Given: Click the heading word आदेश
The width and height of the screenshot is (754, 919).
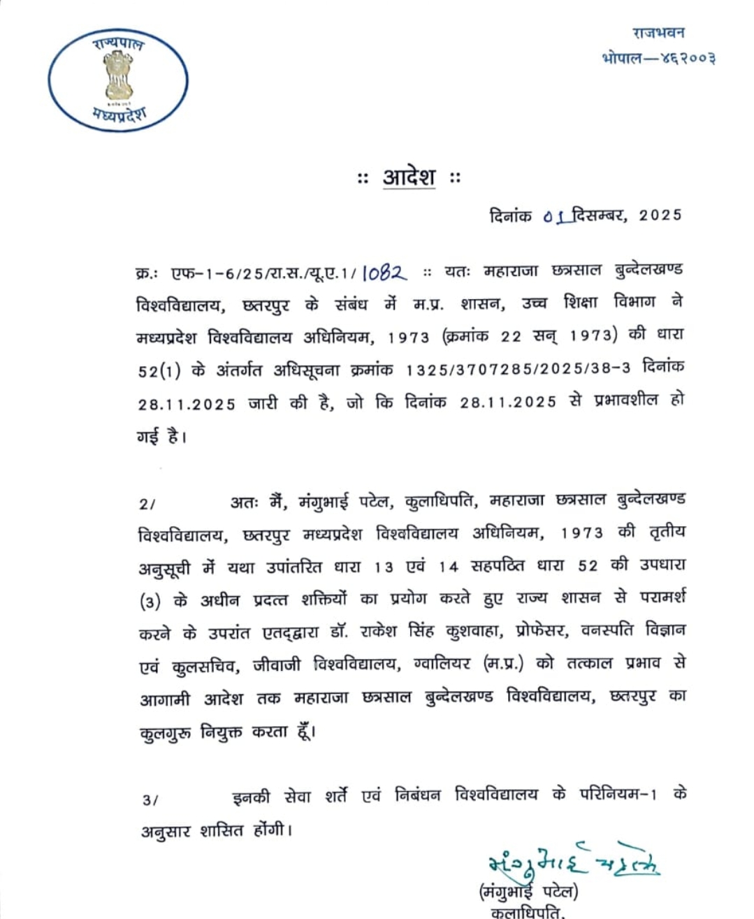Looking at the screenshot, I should pos(409,178).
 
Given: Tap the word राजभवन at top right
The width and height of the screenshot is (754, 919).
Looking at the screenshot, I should pos(658,32).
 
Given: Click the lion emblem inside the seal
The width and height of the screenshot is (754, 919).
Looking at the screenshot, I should pos(118,77).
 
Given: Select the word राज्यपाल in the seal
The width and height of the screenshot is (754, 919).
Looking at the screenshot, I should pos(118,44).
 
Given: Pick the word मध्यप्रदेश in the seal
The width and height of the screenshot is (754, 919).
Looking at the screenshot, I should pos(119,115).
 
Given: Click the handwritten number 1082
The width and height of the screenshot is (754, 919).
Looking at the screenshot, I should pos(384,272).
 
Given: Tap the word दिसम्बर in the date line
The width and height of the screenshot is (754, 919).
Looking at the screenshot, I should pos(598,215).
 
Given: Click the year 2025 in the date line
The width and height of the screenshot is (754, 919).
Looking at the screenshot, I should pos(660,215).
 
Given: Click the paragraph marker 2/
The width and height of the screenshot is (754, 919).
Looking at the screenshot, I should pos(148,504).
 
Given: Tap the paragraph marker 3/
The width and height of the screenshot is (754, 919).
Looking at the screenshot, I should pos(150,799).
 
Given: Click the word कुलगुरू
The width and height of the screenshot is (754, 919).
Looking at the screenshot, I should pos(165,732).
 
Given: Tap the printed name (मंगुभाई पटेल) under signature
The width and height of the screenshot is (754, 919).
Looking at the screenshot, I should pos(529,891).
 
